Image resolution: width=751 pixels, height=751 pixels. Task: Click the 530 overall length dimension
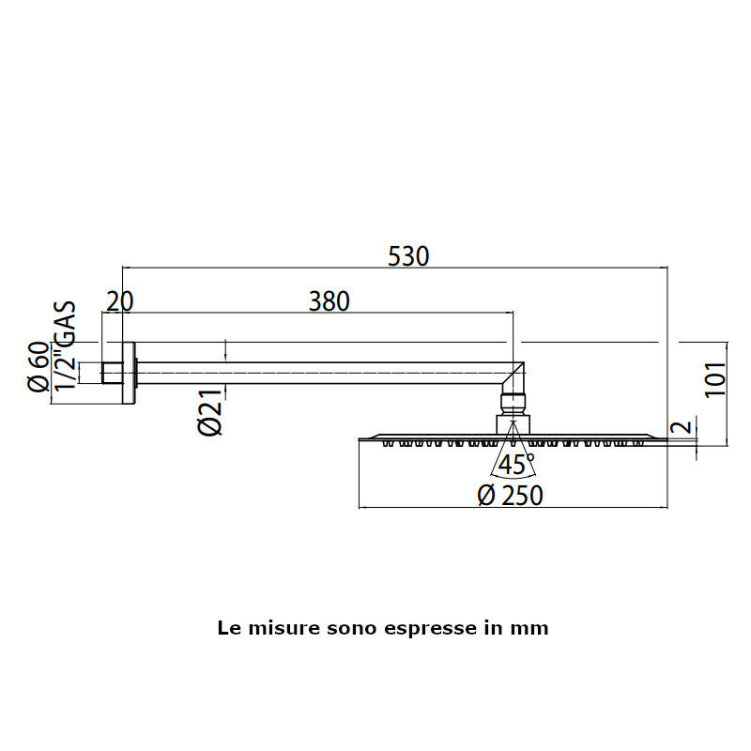(x=408, y=256)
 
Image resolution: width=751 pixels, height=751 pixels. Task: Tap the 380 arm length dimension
(x=330, y=301)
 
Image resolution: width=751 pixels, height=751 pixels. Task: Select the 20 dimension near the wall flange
(x=120, y=301)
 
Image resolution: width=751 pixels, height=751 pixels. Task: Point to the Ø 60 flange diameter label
(x=38, y=367)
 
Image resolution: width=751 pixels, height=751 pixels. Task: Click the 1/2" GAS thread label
(x=65, y=345)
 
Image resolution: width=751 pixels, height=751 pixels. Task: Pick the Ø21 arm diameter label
(x=210, y=411)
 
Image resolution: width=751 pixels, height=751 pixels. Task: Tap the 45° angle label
(x=515, y=464)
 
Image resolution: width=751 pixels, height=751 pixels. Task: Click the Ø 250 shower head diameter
(x=510, y=496)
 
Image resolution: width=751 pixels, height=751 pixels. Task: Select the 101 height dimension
(x=715, y=379)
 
